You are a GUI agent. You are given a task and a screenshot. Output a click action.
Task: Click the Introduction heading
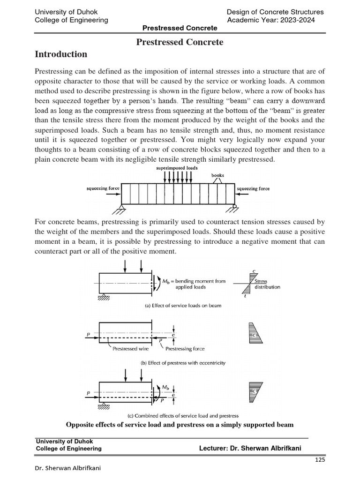click(61, 54)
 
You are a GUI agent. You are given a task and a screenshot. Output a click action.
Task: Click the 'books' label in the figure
click(217, 176)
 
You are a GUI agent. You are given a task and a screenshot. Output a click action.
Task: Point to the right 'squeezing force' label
click(254, 188)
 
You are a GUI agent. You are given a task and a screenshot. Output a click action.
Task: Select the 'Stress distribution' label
click(267, 284)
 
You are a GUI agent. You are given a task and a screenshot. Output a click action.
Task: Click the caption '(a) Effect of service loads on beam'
click(180, 306)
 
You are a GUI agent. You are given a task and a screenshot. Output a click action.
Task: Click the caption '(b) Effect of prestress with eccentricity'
click(180, 363)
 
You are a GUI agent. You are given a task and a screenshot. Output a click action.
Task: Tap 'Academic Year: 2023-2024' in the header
click(270, 20)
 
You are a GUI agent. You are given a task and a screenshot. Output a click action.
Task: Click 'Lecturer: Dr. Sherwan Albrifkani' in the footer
click(250, 449)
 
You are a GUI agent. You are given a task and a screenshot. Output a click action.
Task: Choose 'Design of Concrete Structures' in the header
click(275, 12)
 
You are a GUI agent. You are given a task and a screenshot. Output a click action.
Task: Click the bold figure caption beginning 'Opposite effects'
click(180, 425)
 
